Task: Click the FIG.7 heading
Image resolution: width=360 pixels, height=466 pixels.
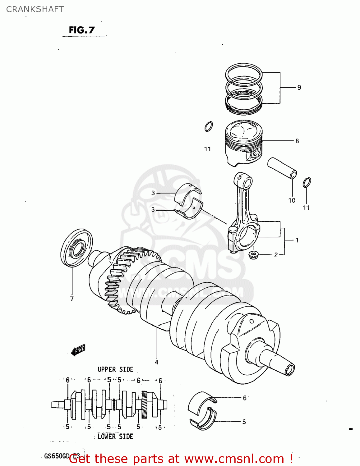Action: (82, 30)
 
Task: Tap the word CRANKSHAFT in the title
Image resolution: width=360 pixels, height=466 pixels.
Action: (35, 9)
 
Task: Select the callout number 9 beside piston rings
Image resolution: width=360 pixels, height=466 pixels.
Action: (299, 88)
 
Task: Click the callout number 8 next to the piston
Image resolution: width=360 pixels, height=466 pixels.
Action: (297, 141)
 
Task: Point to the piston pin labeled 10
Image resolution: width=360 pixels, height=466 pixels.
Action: (282, 168)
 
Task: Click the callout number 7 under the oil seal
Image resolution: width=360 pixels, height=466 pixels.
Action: (72, 299)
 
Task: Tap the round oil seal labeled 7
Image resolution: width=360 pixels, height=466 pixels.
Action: (76, 248)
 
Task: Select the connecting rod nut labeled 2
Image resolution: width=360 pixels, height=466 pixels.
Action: (254, 255)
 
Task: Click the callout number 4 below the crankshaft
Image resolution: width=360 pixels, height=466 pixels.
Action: (157, 362)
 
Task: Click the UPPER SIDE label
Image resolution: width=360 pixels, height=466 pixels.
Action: (115, 369)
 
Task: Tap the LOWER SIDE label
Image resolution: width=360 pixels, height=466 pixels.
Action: (115, 436)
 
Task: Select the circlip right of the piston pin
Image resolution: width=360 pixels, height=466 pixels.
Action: (307, 182)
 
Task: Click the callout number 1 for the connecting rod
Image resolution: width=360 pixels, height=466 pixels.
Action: (297, 240)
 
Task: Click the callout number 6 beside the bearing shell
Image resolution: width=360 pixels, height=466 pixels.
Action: (245, 398)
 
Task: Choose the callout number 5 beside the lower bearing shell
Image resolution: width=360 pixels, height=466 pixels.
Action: (244, 422)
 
